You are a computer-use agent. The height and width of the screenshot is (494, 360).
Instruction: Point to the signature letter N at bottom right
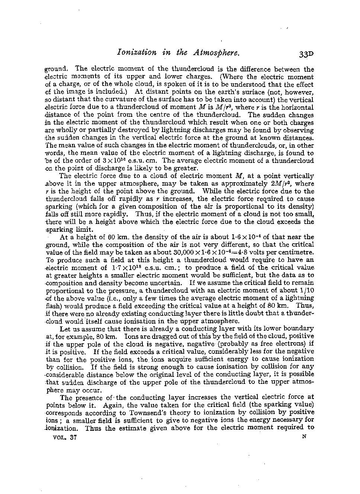pos(304,438)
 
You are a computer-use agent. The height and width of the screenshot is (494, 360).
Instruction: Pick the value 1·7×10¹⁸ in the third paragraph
pos(127,268)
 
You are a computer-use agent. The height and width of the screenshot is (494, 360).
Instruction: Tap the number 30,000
pos(176,252)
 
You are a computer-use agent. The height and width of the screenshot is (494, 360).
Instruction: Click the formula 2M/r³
pos(285,184)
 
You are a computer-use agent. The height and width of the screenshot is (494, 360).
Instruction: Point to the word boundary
pos(299,328)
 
